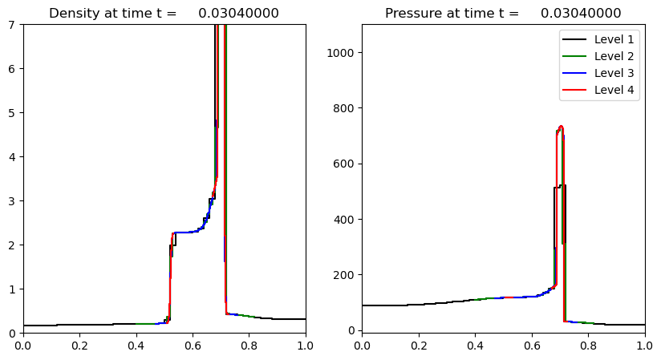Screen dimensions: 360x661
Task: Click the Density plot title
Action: tap(164, 14)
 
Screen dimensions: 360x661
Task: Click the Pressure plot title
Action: tap(503, 14)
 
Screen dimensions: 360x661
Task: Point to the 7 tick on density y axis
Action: tap(13, 25)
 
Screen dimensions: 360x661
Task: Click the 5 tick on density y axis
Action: tap(13, 113)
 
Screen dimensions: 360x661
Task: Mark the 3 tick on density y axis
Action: tap(13, 200)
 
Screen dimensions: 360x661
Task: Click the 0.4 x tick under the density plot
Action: tap(136, 346)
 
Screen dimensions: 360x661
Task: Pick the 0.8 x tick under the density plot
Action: tap(249, 346)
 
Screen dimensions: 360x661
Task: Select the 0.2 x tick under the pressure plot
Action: tap(419, 346)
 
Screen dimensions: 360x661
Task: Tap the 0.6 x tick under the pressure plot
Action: tap(532, 346)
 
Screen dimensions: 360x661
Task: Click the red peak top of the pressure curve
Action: tap(562, 127)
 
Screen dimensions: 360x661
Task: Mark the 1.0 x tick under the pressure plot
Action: tap(644, 346)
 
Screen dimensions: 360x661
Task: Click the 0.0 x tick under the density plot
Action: tap(23, 346)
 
